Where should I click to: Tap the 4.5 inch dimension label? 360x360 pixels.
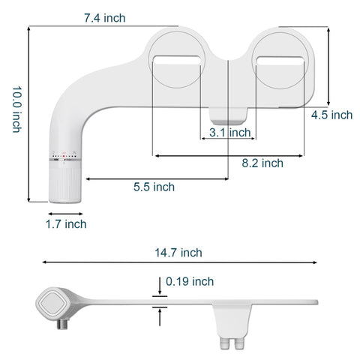click(x=331, y=115)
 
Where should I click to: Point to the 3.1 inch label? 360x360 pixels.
click(x=229, y=133)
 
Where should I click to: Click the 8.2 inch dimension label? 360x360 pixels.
click(x=262, y=163)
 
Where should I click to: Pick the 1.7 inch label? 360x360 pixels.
click(x=65, y=223)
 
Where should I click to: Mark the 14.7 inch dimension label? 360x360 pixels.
click(x=180, y=253)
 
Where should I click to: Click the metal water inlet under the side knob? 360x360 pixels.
click(x=61, y=327)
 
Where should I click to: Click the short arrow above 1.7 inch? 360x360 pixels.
click(x=64, y=212)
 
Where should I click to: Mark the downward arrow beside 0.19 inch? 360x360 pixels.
click(x=160, y=287)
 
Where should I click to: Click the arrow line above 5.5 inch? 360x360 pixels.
click(x=157, y=178)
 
